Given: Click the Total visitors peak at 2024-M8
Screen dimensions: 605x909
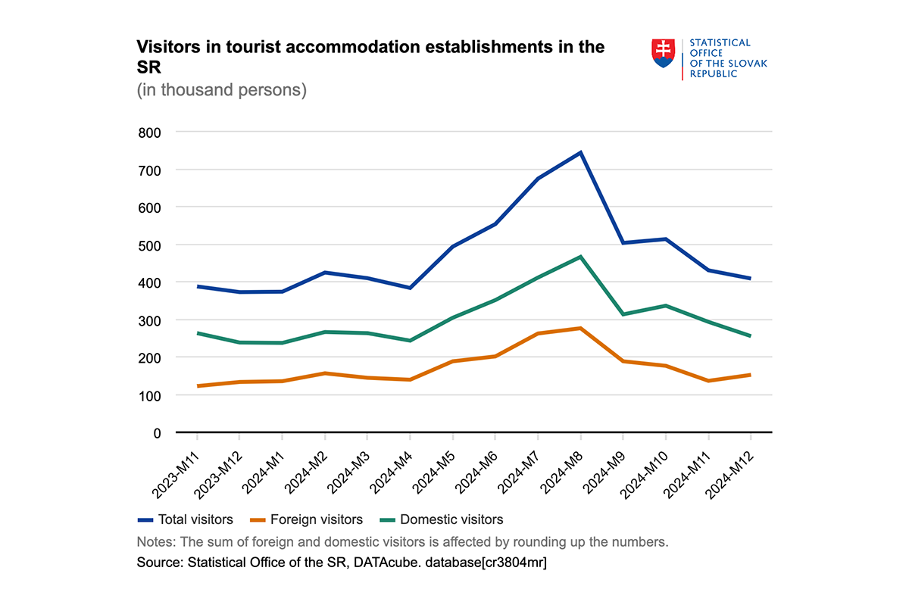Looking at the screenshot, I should [x=580, y=152].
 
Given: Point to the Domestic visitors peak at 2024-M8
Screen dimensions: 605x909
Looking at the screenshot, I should [x=580, y=257].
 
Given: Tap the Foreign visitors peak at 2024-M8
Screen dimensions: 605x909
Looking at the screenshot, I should [x=580, y=328].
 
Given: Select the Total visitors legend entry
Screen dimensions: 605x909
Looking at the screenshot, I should [x=186, y=519].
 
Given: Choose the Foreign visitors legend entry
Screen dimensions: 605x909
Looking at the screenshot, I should [x=308, y=519].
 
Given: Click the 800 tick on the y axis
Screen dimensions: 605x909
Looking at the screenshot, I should [x=151, y=133].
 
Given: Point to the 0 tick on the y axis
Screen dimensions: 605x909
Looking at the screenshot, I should [x=157, y=433].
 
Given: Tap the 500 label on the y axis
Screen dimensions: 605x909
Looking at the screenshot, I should [x=151, y=245].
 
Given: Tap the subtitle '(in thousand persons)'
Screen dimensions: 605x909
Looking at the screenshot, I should [x=221, y=90].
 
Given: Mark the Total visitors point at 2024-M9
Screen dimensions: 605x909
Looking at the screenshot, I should [x=623, y=243].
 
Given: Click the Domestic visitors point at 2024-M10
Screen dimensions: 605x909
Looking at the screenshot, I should [x=665, y=305].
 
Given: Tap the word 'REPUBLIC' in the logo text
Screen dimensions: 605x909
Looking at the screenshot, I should [x=713, y=74].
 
